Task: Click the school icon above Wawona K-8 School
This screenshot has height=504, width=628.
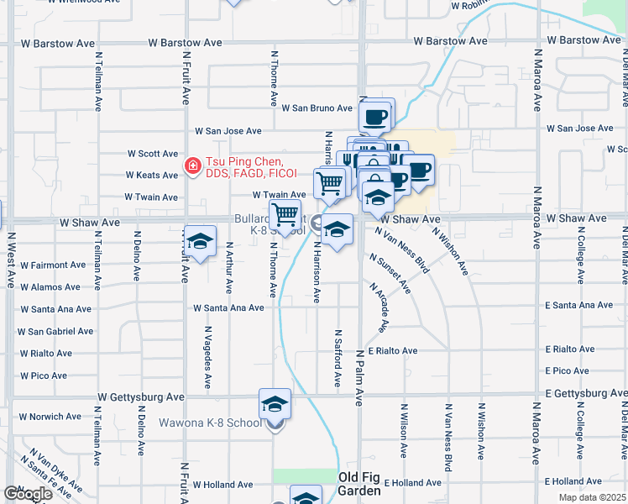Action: [x=275, y=405]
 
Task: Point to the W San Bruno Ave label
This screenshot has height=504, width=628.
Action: [x=317, y=108]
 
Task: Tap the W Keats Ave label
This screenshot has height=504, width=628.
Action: [x=151, y=176]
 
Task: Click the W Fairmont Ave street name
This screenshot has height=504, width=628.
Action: [x=51, y=265]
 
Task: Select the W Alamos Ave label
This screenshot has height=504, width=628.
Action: [x=50, y=287]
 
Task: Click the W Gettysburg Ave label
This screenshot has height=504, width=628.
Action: [x=140, y=396]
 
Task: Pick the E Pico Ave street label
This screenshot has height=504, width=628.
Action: [x=568, y=370]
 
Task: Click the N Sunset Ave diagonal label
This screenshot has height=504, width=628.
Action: [x=393, y=275]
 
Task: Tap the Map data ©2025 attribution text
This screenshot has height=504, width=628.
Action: [x=591, y=497]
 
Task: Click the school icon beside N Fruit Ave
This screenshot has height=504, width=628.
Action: [x=199, y=243]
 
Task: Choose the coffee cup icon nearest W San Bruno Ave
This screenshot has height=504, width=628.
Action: [x=375, y=115]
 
